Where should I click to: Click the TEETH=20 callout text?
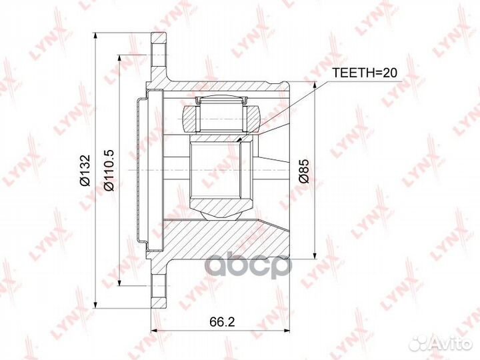[364, 73]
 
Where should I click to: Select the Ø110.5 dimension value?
[109, 171]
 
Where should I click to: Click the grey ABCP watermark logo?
[248, 266]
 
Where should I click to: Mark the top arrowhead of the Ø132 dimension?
[97, 35]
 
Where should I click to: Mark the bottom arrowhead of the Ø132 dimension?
[97, 305]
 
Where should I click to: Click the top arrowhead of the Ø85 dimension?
[315, 84]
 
